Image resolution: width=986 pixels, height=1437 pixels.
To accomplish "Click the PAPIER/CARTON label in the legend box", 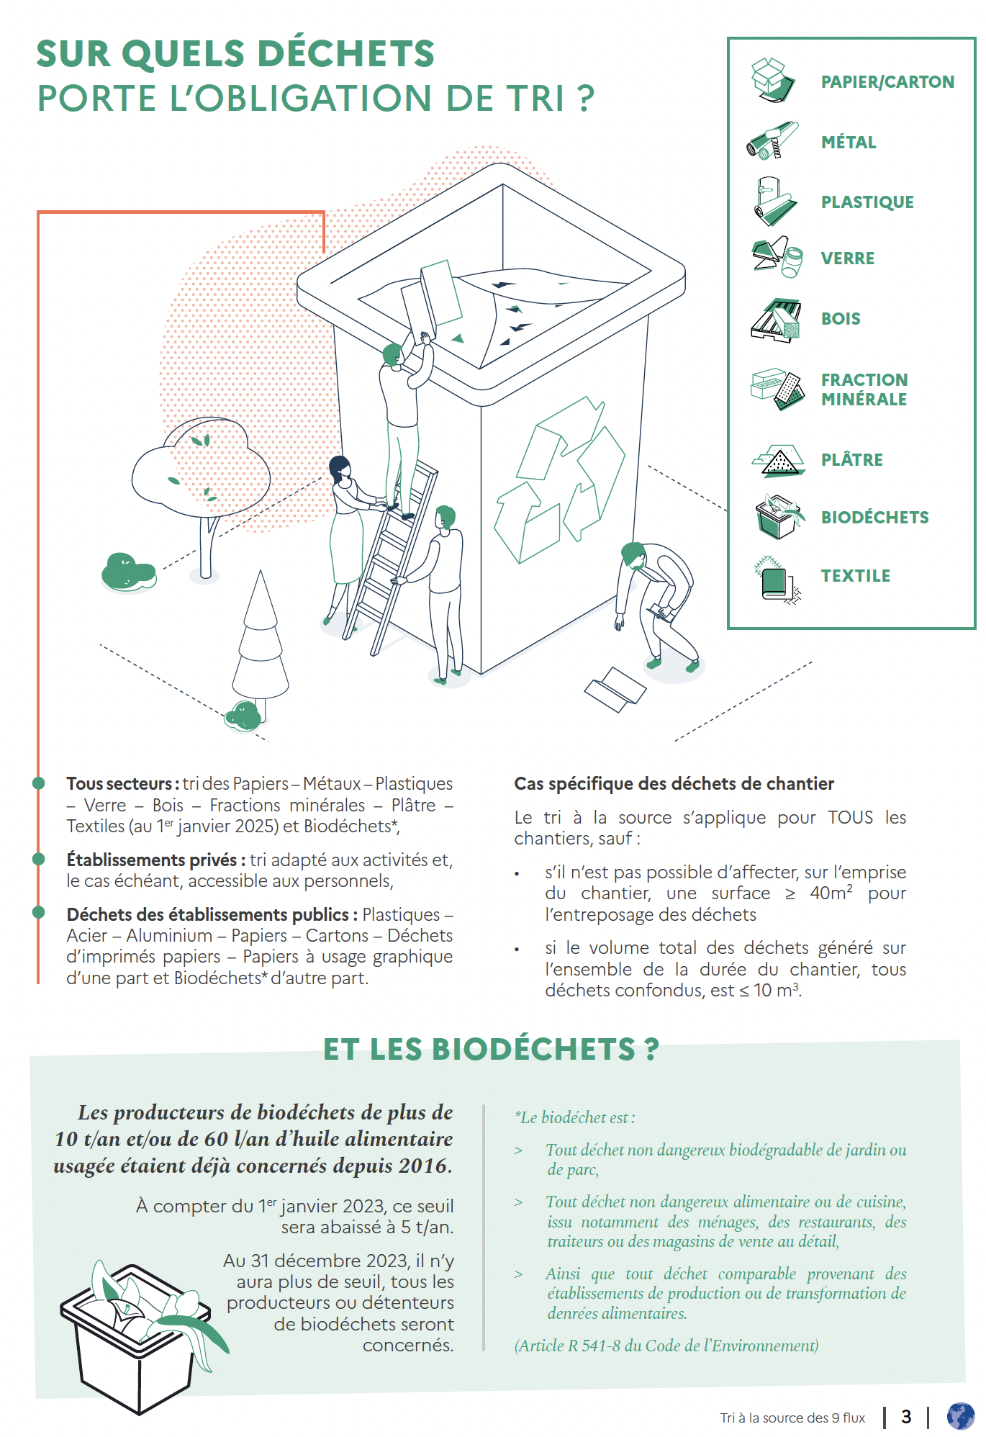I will (887, 82).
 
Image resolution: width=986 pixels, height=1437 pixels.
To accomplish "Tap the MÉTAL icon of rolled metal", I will (772, 140).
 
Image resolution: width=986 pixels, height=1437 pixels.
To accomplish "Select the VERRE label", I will (848, 258).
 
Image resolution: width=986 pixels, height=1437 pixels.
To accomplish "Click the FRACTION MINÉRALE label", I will (864, 389).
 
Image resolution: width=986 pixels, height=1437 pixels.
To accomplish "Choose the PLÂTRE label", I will (851, 460).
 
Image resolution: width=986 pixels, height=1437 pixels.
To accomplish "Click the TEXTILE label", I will (856, 576).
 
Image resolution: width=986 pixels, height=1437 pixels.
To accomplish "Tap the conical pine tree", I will (260, 641).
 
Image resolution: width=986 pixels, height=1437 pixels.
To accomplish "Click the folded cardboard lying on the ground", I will (615, 689).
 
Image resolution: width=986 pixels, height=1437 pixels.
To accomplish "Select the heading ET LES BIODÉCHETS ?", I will (491, 1049).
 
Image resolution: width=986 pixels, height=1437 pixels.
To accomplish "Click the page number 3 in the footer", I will (906, 1417).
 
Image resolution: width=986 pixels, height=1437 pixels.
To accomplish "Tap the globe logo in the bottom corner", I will (960, 1415).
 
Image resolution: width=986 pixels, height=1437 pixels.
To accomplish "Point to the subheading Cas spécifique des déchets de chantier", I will (674, 784).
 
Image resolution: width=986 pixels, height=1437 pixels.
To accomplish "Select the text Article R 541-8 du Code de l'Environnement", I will (666, 1346).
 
